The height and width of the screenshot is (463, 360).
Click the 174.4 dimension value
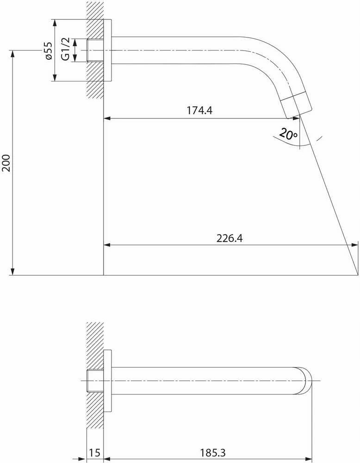199,111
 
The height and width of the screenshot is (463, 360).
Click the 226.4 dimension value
230,238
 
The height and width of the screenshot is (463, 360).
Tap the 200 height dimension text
6,163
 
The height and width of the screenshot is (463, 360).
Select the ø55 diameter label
49,51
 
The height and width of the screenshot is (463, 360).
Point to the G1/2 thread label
66,49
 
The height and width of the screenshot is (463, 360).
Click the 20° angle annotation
288,134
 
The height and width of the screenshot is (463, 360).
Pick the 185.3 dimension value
212,453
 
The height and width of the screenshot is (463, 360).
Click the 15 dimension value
95,453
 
